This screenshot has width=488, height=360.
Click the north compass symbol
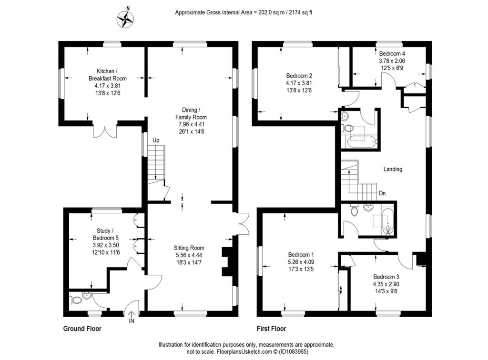click(127, 19)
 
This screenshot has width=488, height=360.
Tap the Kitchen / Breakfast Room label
click(107, 75)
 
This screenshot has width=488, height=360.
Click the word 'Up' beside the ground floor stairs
click(156, 140)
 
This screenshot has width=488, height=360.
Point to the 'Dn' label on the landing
click(382, 193)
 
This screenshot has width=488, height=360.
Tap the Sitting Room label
click(190, 248)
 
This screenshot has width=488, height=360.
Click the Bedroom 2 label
click(299, 75)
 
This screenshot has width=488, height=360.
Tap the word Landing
click(393, 169)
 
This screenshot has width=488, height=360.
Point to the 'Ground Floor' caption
click(82, 329)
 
